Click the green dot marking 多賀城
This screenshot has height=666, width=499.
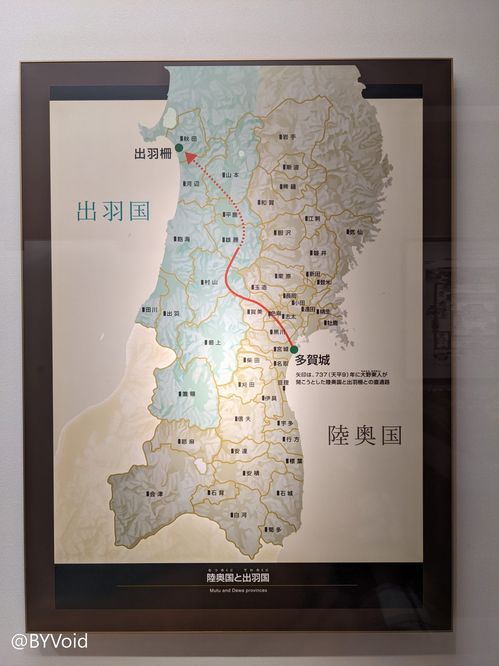(x=294, y=349)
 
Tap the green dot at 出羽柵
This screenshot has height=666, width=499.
(x=179, y=147)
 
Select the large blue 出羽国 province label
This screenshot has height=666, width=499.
(x=113, y=211)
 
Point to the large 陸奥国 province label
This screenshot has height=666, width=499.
(x=365, y=435)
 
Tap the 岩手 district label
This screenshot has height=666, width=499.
(x=287, y=137)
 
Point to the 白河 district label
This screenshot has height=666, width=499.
(x=239, y=515)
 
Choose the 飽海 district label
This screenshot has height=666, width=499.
(x=182, y=239)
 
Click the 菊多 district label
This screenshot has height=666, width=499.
(x=273, y=529)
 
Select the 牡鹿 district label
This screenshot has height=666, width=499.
(x=331, y=323)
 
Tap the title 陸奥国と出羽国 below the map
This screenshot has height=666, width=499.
(x=238, y=578)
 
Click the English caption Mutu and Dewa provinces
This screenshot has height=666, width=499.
(x=238, y=590)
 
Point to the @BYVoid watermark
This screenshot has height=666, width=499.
(x=50, y=641)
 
